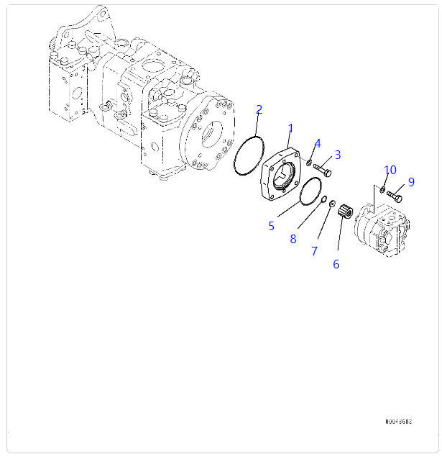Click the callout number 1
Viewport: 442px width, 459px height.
290,129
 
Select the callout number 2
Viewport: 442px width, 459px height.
259,110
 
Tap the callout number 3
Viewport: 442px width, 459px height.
337,154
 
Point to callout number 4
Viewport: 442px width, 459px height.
317,143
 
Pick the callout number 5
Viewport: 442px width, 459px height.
271,226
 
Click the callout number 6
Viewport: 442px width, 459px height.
336,264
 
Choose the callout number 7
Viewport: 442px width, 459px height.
314,251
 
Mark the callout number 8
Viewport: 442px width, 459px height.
293,239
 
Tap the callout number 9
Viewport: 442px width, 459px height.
411,182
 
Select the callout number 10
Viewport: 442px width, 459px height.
390,170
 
